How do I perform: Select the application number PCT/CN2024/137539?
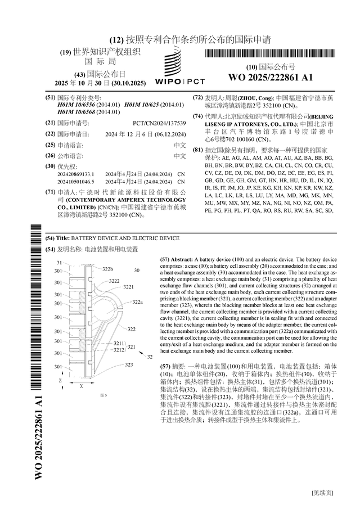[159, 122]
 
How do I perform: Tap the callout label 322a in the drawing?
[137, 302]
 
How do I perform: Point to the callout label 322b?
[107, 269]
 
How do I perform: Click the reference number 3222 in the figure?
[114, 281]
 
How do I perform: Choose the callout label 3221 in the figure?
[128, 287]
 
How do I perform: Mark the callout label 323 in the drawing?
[129, 364]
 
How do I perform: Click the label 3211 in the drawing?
[118, 343]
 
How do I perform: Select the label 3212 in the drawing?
[118, 349]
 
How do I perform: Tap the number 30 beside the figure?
[137, 270]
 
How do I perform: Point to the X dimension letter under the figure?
[81, 387]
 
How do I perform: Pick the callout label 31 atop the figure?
[60, 263]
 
